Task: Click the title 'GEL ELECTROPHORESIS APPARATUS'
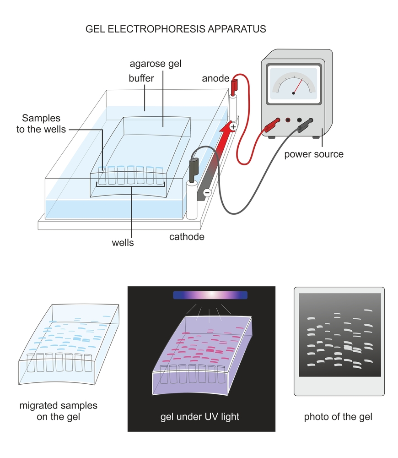point(176,29)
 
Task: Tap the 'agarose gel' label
point(155,64)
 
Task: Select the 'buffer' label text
point(141,78)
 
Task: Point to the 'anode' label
point(215,79)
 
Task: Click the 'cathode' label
point(187,237)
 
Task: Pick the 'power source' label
point(314,154)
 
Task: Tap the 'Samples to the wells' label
point(38,124)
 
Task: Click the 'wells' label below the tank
point(123,243)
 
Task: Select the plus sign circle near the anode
point(233,126)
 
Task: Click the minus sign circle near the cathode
point(207,193)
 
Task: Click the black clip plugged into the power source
point(305,125)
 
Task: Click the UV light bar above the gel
point(210,295)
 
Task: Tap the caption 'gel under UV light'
point(200,417)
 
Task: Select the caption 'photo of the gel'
point(338,417)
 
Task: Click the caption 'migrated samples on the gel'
point(59,411)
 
